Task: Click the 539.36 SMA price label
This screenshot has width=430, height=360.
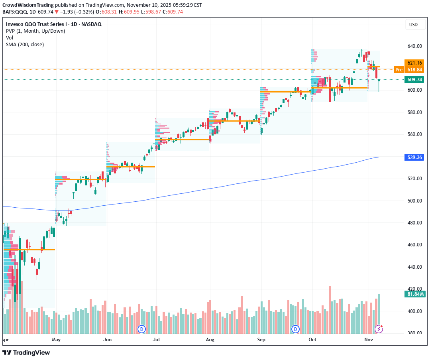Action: coord(415,157)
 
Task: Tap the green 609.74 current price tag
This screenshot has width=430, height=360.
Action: coord(415,79)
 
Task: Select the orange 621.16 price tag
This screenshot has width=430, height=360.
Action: coord(415,63)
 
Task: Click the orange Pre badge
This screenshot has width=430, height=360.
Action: coord(399,70)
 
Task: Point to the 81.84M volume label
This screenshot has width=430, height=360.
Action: coord(415,294)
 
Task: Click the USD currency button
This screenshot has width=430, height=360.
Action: coord(413,25)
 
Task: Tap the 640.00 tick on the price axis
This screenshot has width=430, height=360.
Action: coord(414,46)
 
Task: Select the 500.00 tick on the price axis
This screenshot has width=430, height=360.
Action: coord(414,201)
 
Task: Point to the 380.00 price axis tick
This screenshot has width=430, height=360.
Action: coord(414,333)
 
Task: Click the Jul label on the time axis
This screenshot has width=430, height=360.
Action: coord(156,340)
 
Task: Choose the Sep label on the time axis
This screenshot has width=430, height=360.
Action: coord(261,340)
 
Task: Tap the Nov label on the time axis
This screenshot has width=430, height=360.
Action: coord(369,340)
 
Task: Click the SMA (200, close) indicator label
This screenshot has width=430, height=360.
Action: coord(25,44)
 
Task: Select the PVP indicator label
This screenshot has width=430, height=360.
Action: coord(35,31)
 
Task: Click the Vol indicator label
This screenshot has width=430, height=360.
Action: coord(10,37)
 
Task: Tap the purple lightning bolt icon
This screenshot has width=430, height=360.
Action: coord(379,329)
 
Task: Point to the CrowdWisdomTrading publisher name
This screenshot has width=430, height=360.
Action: coord(28,5)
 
